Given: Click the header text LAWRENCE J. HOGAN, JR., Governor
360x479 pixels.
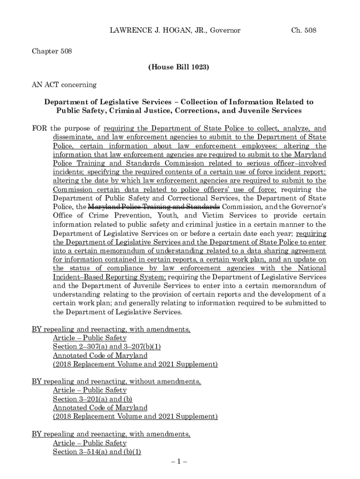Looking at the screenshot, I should tap(175, 30).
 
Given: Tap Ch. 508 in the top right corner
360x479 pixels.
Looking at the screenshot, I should tap(303, 30).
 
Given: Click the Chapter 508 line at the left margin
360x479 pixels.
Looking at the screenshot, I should tap(51, 51).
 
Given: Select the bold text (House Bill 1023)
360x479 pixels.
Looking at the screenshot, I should tap(179, 67).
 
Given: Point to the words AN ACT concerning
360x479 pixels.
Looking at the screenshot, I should tap(64, 85).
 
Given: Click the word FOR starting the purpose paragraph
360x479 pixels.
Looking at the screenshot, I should tap(39, 128).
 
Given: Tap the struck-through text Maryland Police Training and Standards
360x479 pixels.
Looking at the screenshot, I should tap(154, 207).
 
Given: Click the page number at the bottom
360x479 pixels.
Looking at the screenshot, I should tap(180, 462).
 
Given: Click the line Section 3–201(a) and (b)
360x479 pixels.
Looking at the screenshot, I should tap(93, 399).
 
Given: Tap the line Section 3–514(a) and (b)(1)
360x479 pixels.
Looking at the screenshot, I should tap(97, 452).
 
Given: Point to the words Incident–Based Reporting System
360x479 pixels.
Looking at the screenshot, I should tap(109, 277).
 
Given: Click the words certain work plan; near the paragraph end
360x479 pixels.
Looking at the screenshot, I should tap(78, 303).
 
